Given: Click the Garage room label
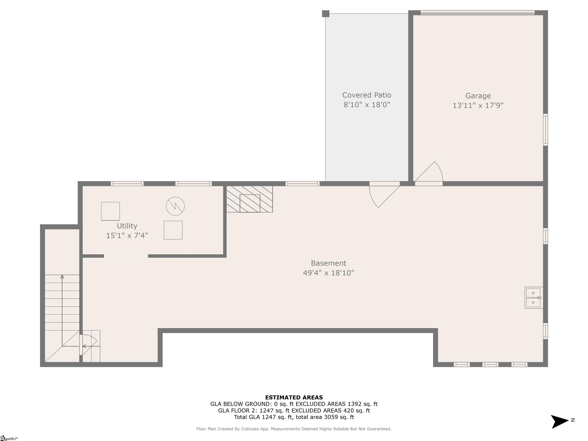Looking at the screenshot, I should click(x=478, y=96).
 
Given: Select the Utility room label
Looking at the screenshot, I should click(x=127, y=226).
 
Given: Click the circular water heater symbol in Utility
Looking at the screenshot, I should click(x=175, y=206).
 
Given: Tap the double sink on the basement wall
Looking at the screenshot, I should click(x=533, y=298).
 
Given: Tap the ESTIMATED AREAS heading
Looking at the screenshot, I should click(x=294, y=397).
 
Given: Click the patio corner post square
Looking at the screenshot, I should click(x=326, y=14).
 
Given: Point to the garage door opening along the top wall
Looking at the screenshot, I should click(x=477, y=12).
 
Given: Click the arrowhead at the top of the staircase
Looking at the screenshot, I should click(x=62, y=277).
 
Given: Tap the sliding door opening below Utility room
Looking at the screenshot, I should click(x=126, y=256).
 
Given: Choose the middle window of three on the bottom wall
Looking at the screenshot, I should click(x=490, y=364).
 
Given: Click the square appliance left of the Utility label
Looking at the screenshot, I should click(x=110, y=211).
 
